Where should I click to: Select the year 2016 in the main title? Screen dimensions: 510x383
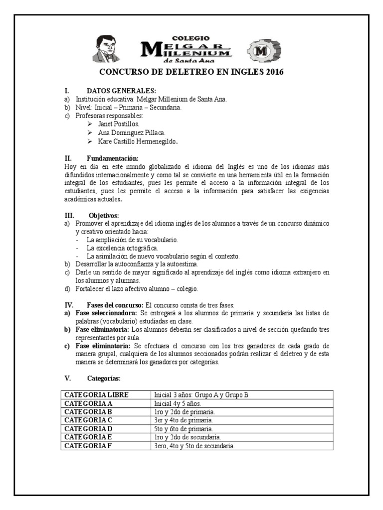(274, 72)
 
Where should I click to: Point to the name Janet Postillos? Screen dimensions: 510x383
(118, 124)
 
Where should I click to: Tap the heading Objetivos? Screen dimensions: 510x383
(104, 215)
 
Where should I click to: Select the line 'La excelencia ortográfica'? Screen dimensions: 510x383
(122, 248)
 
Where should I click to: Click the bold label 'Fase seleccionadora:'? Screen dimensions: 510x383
(106, 313)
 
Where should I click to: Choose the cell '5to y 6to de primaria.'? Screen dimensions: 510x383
(184, 429)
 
